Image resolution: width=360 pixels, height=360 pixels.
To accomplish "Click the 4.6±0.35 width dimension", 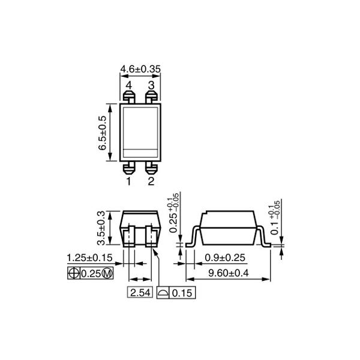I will point(140,68).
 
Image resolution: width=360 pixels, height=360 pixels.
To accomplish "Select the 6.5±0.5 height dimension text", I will point(102,133).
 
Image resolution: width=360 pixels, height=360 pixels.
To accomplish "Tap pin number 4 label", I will point(128,85).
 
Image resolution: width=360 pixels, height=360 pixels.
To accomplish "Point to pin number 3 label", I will point(151,85).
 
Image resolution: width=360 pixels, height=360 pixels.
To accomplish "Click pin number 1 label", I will point(128,180).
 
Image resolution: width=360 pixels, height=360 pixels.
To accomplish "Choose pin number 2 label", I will point(151,180).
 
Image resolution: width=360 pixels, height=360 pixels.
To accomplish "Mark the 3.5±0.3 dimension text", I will point(102,227).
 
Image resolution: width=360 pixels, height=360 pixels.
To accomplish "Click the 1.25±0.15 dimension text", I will point(91,259).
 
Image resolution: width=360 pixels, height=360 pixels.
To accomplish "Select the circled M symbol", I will point(107,273).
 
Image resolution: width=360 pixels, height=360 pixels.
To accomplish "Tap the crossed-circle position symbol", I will point(73,273).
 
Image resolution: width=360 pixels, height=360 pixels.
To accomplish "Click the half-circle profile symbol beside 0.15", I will point(163,293).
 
